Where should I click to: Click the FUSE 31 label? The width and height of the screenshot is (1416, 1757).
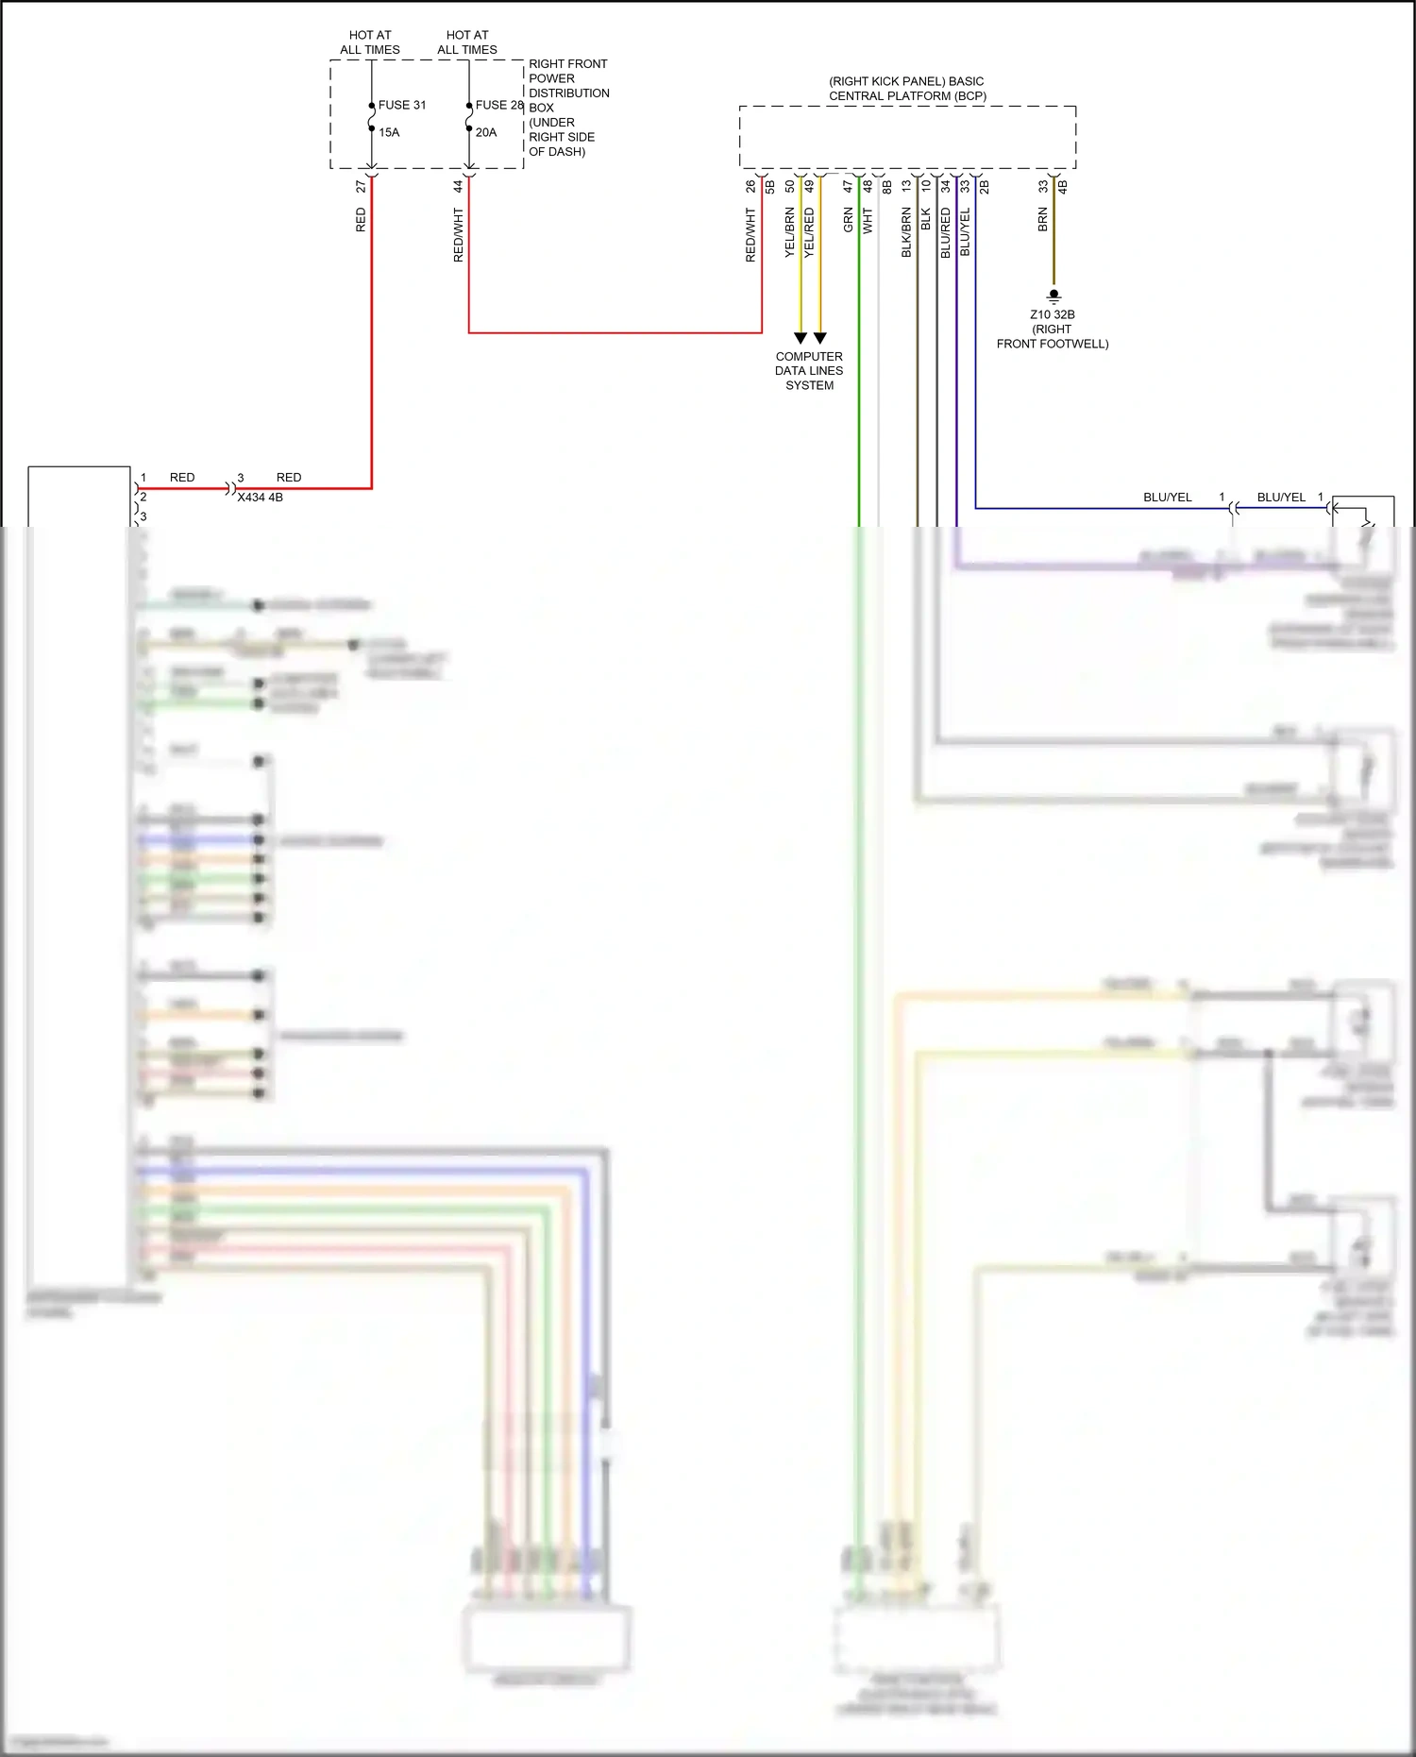(x=402, y=105)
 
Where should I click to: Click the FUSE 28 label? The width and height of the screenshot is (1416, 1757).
(x=499, y=105)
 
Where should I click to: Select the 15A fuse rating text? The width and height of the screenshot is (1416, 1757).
(x=389, y=132)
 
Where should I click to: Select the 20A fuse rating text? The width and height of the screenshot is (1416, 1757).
(x=486, y=132)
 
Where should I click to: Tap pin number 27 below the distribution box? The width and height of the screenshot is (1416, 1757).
(x=361, y=187)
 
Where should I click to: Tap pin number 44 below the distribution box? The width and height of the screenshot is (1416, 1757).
(x=458, y=187)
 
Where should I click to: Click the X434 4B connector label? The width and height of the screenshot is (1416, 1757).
(x=260, y=498)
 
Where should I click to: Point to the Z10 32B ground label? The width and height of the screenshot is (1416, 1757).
(x=1053, y=314)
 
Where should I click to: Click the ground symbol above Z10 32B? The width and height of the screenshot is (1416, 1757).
(x=1054, y=296)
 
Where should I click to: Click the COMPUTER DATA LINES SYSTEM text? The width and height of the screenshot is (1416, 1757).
(x=809, y=370)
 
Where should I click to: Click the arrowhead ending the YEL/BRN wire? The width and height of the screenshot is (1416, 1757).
(x=801, y=338)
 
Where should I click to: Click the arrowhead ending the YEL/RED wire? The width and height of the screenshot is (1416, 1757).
(x=820, y=338)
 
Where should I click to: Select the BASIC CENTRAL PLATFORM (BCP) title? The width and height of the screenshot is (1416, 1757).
(x=907, y=89)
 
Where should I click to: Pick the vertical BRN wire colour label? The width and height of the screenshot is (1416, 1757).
(x=1043, y=219)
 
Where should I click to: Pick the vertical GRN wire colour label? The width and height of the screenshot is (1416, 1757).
(x=848, y=220)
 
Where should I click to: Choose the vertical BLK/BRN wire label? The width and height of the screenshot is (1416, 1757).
(x=906, y=232)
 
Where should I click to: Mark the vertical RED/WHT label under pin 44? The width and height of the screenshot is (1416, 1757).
(x=458, y=235)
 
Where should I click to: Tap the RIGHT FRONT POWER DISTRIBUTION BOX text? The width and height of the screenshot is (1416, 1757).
(x=568, y=107)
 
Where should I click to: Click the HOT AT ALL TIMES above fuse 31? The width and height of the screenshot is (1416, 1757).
(x=370, y=42)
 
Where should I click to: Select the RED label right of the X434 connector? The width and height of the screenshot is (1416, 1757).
(x=289, y=478)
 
